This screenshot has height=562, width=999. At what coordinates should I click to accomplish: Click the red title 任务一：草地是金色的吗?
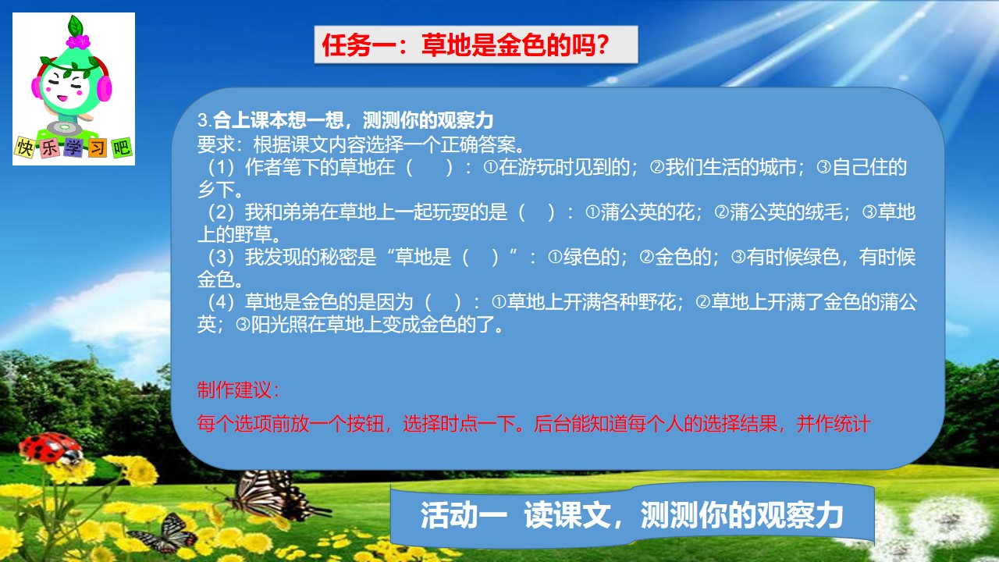pyautogui.click(x=466, y=45)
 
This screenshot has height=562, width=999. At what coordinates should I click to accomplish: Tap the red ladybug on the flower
pyautogui.click(x=51, y=448)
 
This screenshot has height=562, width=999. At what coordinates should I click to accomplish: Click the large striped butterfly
pyautogui.click(x=273, y=494)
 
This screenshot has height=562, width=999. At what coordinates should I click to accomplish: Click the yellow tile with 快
pyautogui.click(x=25, y=147)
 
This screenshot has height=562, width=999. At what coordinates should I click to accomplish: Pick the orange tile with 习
pyautogui.click(x=98, y=148)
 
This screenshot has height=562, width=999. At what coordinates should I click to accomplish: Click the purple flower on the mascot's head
pyautogui.click(x=78, y=41)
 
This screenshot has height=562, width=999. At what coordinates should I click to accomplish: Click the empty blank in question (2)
pyautogui.click(x=536, y=212)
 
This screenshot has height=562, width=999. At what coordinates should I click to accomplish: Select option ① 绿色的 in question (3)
pyautogui.click(x=583, y=258)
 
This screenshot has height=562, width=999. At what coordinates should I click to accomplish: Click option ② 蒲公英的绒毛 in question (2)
pyautogui.click(x=779, y=212)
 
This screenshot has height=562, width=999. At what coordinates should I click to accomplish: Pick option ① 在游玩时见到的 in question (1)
pyautogui.click(x=556, y=167)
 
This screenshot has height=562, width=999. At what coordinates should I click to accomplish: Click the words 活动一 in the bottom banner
pyautogui.click(x=464, y=515)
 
